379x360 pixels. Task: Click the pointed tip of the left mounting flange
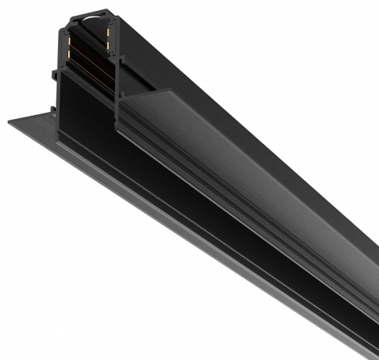point(9,122)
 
